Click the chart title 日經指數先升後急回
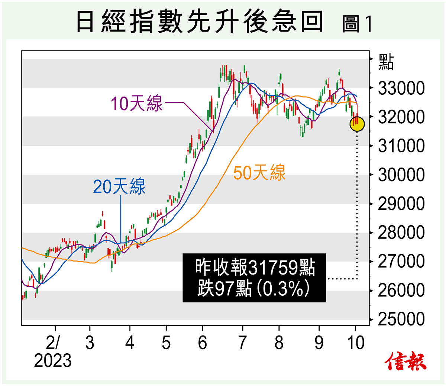(200, 22)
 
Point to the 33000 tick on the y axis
(401, 88)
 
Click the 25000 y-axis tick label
(401, 319)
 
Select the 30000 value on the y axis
(401, 175)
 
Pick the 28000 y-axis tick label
(401, 233)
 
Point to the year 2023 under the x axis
(53, 360)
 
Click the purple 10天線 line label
(137, 103)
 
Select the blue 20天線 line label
(119, 186)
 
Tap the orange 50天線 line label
(259, 173)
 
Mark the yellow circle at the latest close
(357, 124)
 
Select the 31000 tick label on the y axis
(401, 146)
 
